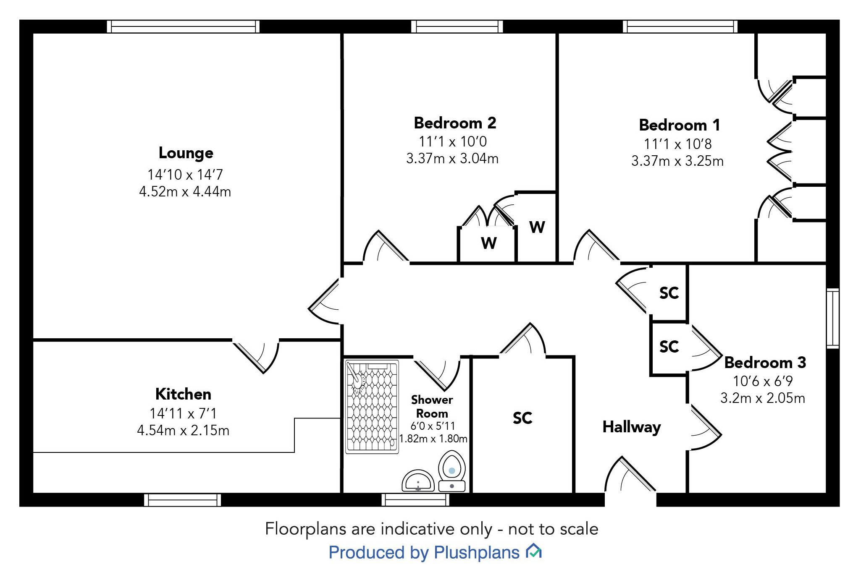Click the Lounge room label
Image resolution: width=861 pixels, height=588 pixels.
coord(186,153)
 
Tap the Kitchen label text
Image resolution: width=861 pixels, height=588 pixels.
coord(183,394)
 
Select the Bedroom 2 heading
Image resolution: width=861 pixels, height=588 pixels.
coord(455,123)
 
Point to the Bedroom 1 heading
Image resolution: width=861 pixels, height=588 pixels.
coord(679,125)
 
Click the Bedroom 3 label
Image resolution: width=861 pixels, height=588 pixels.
coord(765,363)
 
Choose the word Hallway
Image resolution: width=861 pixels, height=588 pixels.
coord(631,427)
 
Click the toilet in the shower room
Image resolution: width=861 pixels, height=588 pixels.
coord(452,471)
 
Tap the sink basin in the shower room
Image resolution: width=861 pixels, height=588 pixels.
coord(418,481)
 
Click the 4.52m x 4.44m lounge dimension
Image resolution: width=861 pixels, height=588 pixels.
coord(185,192)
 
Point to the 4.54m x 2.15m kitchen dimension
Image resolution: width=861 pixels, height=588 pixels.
coord(183,431)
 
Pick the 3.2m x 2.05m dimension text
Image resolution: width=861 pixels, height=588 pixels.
coord(762,398)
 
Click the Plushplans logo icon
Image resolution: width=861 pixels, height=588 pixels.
coord(533,551)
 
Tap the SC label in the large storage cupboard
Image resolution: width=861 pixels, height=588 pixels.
coord(522,418)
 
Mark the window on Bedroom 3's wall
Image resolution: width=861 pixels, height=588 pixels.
coord(832,318)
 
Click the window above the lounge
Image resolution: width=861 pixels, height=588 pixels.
coord(183,26)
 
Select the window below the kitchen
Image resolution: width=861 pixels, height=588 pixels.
coord(183,499)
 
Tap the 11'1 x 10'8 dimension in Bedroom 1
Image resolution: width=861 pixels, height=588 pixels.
coord(677,144)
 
